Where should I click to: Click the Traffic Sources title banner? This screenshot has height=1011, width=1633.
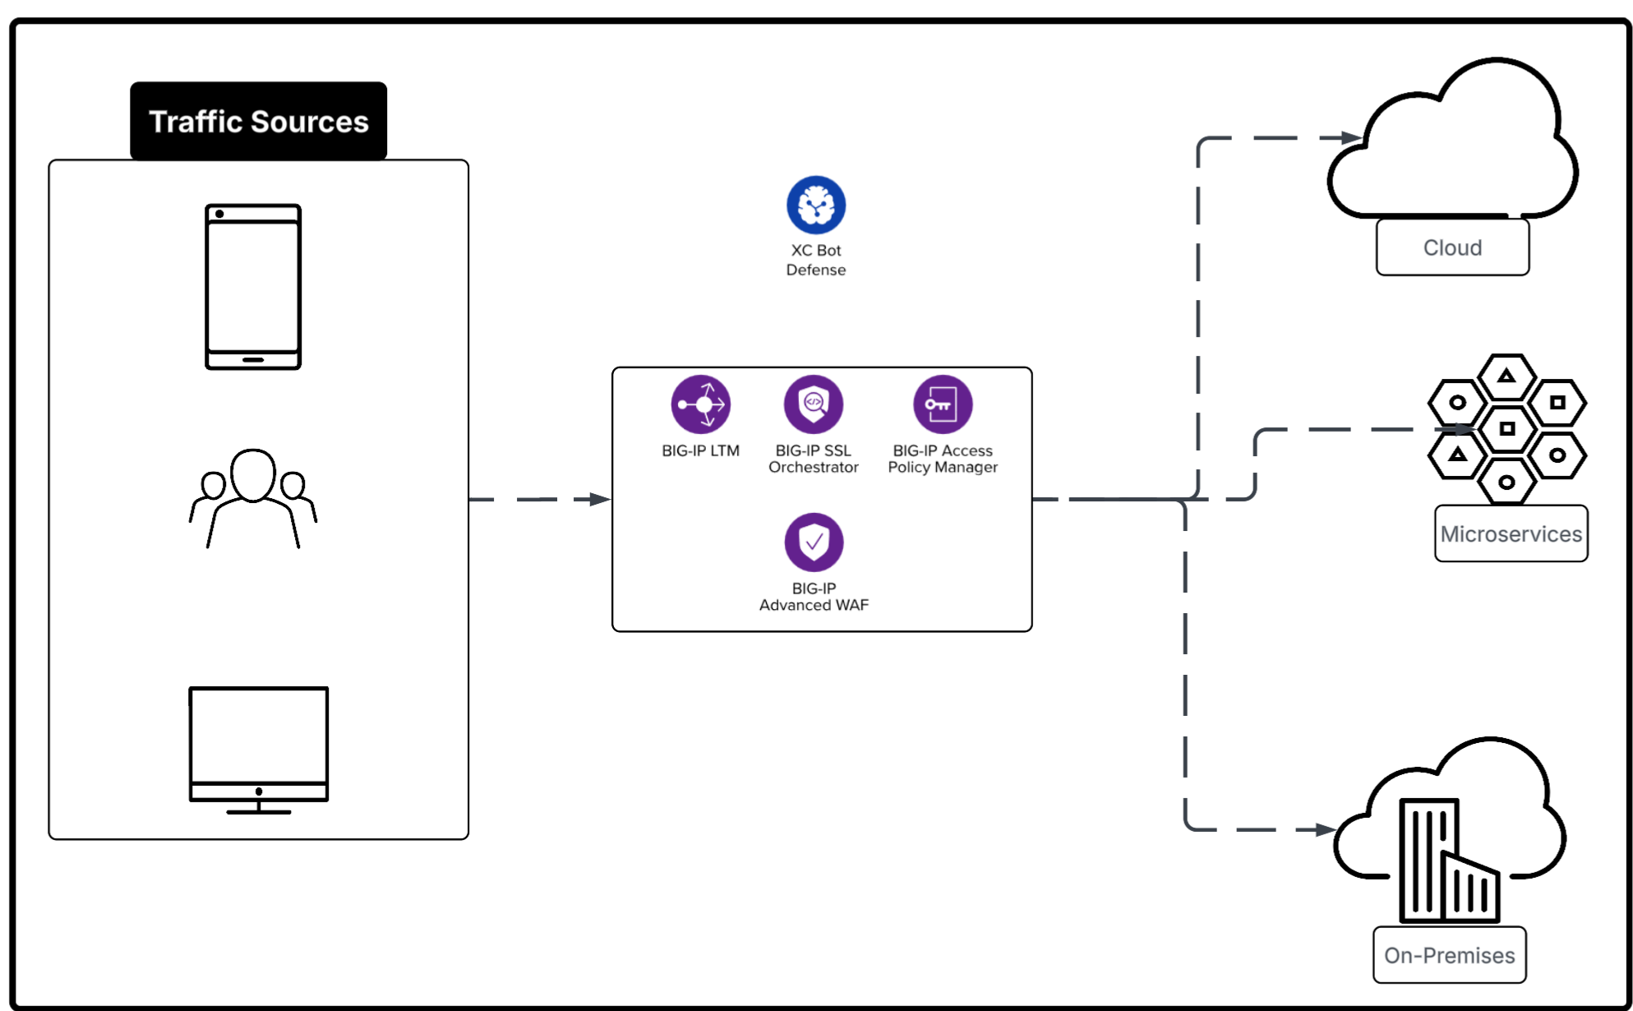(258, 121)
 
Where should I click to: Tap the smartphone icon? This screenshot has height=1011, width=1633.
(253, 287)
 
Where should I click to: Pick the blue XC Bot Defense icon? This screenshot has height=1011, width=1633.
(815, 205)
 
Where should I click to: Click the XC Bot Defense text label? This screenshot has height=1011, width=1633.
(815, 260)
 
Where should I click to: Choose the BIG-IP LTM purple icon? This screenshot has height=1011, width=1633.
(700, 404)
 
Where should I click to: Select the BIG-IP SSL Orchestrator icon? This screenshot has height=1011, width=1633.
(813, 404)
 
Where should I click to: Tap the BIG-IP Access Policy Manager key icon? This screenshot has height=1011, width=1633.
(942, 404)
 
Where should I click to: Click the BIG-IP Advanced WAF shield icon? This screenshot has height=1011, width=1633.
(813, 542)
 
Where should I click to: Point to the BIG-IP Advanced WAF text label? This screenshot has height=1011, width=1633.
(813, 597)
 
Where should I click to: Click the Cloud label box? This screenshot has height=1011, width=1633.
(1451, 247)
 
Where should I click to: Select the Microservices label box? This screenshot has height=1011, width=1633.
(1510, 533)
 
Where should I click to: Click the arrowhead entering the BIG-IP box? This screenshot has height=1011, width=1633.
(601, 499)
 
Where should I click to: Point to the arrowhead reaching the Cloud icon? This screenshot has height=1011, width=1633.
(1351, 137)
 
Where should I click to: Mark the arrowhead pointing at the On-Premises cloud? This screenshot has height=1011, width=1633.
(1325, 829)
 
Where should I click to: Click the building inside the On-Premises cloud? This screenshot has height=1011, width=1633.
(1446, 863)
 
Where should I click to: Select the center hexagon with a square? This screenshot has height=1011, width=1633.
(1506, 428)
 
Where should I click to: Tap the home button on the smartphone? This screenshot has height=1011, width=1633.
(253, 359)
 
